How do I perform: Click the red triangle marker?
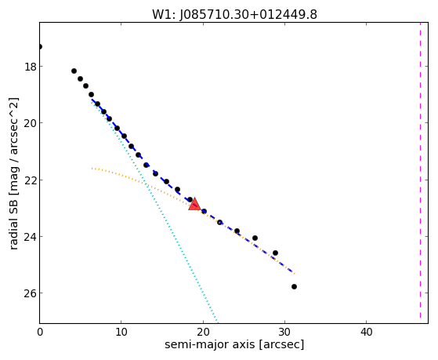[x=194, y=204]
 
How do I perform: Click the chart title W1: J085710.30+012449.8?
[x=234, y=15]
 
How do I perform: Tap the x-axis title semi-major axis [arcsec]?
[x=234, y=344]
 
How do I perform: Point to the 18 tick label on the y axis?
[x=31, y=67]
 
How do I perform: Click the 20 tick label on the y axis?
[x=31, y=123]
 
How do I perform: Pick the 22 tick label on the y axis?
[x=31, y=180]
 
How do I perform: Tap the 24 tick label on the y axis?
[x=31, y=237]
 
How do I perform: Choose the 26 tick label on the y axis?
[x=31, y=293]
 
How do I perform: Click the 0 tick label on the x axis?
[x=40, y=332]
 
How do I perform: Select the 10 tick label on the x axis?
[x=121, y=332]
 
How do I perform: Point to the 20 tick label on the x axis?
[x=203, y=332]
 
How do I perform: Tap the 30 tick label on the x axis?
[x=284, y=332]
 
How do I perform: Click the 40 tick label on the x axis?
[x=366, y=332]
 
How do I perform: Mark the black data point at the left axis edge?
[x=40, y=46]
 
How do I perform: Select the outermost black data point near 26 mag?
[x=294, y=287]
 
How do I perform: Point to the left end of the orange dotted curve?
[x=92, y=168]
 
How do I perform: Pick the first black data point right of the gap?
[x=74, y=71]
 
